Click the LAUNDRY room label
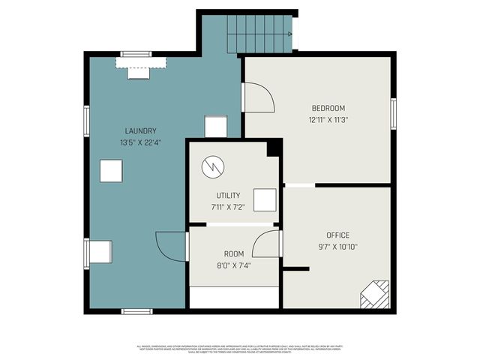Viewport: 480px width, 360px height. (140, 130)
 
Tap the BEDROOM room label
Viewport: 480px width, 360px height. (328, 107)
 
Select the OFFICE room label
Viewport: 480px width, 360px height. (337, 235)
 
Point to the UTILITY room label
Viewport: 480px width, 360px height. (228, 195)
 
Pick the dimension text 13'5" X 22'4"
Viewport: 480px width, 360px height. (140, 142)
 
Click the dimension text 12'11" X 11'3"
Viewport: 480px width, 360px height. (328, 119)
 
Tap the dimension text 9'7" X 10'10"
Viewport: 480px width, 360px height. (337, 247)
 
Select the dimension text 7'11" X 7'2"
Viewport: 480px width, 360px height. (228, 206)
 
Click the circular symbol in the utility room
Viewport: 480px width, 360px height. (212, 166)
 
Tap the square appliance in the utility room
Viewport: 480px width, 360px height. (264, 200)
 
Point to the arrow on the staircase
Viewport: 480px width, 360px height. (288, 34)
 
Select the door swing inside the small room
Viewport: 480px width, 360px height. (266, 244)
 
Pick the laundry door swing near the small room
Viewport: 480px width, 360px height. (171, 245)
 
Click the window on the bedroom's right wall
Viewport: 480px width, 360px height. (393, 113)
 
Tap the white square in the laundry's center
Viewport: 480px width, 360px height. (112, 172)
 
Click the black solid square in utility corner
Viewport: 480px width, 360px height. (273, 148)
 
